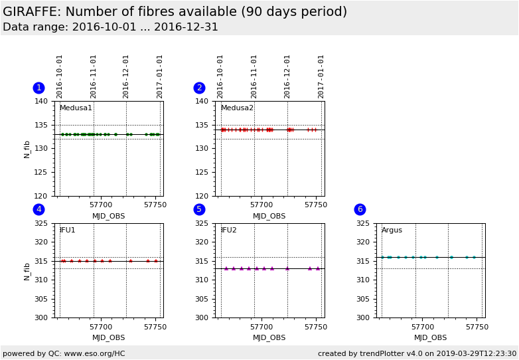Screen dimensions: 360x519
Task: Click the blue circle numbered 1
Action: (x=38, y=88)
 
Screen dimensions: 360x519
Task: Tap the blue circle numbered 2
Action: (x=199, y=88)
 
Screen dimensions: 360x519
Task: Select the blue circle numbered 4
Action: (x=38, y=209)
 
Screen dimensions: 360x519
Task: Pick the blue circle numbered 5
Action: (x=199, y=209)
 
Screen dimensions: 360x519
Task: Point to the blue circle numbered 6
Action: (x=360, y=209)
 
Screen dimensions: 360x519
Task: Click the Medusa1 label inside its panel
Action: (x=76, y=108)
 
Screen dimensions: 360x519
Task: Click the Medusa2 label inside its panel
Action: (x=237, y=108)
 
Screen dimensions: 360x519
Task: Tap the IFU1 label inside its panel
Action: (x=67, y=230)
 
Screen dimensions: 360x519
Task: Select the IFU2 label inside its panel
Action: (x=228, y=230)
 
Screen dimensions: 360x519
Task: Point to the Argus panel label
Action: (x=392, y=230)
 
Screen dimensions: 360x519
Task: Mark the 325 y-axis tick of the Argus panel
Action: (x=362, y=224)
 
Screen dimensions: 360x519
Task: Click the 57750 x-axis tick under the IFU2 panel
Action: (x=316, y=327)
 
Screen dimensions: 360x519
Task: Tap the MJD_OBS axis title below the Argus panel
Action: (x=430, y=337)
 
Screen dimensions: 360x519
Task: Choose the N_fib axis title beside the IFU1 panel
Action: (x=27, y=270)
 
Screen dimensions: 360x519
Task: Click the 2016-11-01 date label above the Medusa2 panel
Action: (x=254, y=76)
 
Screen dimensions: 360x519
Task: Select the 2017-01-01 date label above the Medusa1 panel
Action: (x=160, y=76)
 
